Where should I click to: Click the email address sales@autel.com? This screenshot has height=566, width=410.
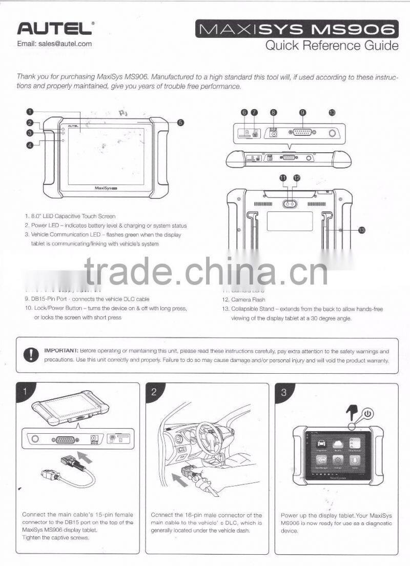(54, 44)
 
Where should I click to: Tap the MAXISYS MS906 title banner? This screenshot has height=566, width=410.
(297, 29)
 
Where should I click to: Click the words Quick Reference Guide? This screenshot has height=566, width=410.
(331, 46)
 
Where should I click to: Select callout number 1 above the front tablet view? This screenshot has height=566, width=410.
(30, 111)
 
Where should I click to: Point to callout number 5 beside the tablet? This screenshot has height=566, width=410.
(180, 123)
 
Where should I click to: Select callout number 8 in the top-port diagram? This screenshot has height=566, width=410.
(274, 112)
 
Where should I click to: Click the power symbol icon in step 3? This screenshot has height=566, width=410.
(367, 413)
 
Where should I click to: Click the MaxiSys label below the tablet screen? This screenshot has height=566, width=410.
(107, 188)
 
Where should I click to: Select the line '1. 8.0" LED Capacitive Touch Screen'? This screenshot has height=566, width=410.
(70, 216)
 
